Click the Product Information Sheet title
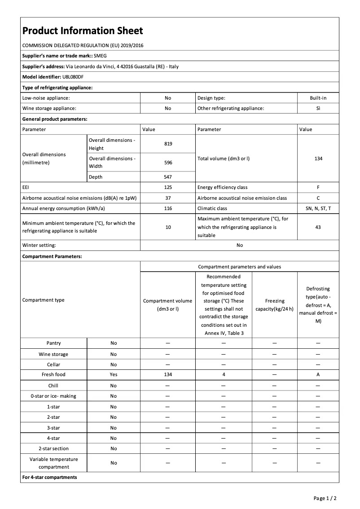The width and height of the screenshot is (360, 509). click(83, 31)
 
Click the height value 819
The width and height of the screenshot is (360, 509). click(168, 144)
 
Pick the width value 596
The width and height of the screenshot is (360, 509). click(168, 162)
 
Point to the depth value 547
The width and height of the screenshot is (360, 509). click(168, 177)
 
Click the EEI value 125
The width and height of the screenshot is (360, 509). click(168, 187)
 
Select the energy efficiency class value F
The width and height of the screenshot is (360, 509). click(318, 187)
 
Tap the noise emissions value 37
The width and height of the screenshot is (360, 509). click(168, 198)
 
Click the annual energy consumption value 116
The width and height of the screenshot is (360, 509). click(168, 208)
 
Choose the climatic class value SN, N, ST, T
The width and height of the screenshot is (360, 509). click(318, 208)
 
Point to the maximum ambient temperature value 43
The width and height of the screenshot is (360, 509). click(318, 227)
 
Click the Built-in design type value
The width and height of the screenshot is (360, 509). click(318, 98)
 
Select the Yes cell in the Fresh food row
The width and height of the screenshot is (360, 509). click(114, 374)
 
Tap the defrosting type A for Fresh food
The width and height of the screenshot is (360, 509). click(318, 374)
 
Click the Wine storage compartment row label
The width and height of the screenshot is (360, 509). click(53, 354)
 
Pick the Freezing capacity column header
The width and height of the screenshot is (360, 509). click(274, 304)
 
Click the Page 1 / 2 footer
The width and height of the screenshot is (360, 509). click(325, 498)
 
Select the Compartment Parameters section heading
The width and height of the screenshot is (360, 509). click(52, 256)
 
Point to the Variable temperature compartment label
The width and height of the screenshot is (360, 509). click(53, 463)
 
